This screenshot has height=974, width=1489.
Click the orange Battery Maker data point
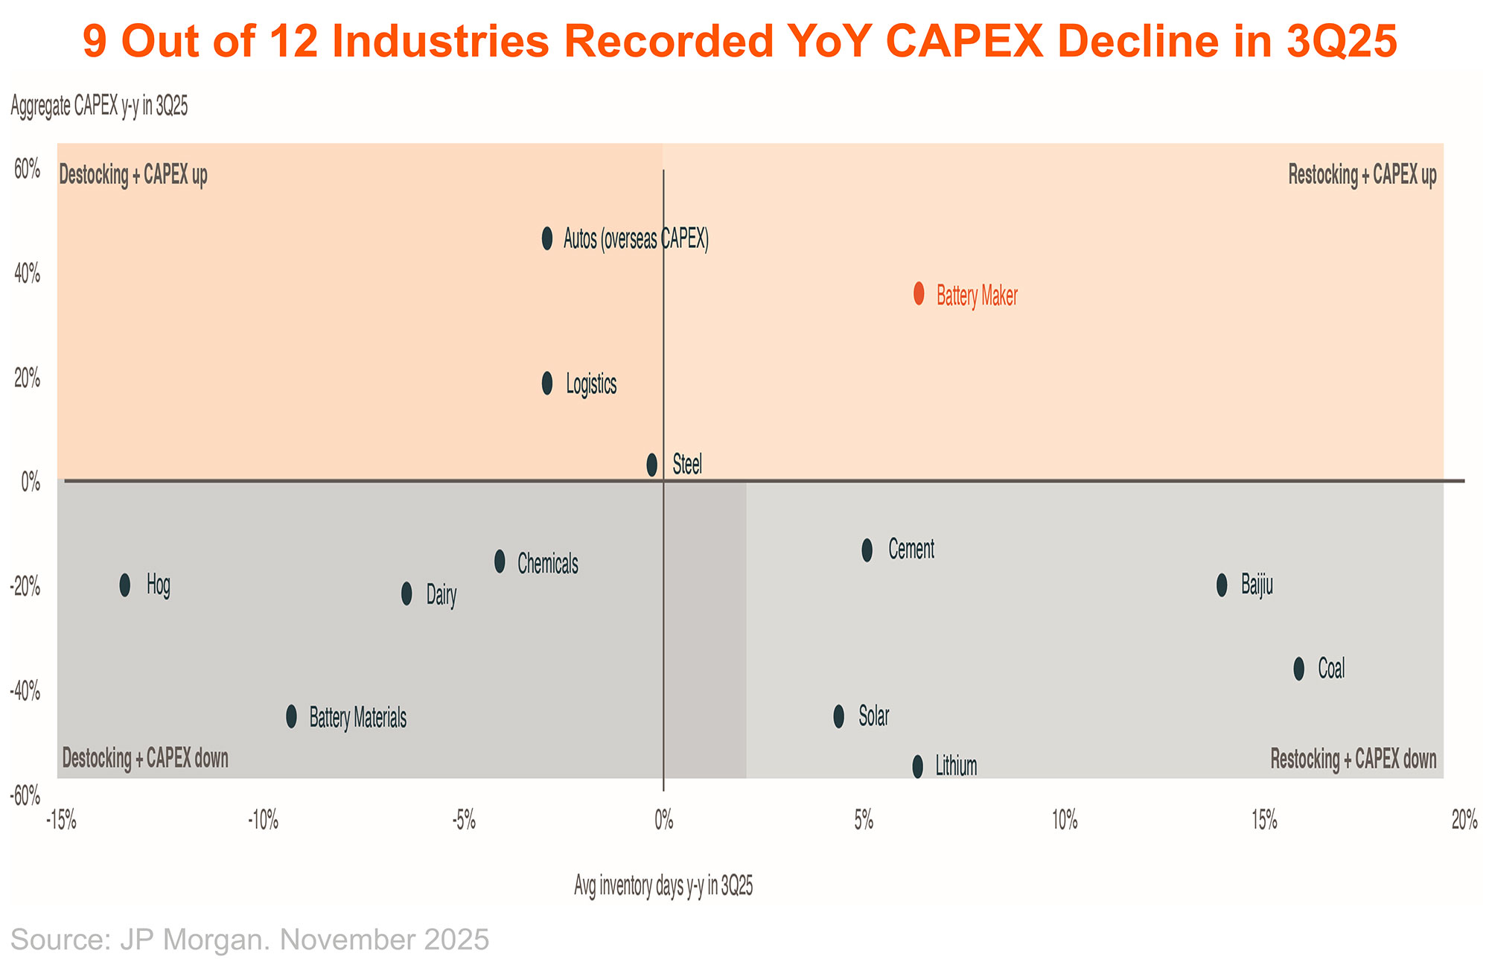(919, 293)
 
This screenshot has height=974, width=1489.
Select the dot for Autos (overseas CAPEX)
(547, 238)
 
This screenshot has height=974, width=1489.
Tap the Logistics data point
(547, 383)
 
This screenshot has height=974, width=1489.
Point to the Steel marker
(652, 465)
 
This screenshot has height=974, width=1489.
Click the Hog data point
(125, 585)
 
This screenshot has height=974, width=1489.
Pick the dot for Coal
(1299, 669)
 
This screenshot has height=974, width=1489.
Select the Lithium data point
(917, 766)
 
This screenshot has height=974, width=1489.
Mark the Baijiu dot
(1222, 585)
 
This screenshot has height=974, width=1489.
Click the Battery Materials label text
(358, 718)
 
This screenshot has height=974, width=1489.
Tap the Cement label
(911, 550)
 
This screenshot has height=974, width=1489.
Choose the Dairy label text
(441, 594)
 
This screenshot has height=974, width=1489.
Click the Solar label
(874, 716)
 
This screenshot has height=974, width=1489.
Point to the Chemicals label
(548, 564)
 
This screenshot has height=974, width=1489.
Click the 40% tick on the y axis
(28, 275)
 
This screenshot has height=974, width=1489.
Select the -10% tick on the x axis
(264, 821)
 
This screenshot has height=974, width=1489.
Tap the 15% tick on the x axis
(1265, 821)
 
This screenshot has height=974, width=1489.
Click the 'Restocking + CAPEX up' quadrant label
(1362, 176)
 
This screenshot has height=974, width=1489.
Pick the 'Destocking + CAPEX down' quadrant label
(145, 759)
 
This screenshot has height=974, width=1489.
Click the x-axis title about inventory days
(663, 886)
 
